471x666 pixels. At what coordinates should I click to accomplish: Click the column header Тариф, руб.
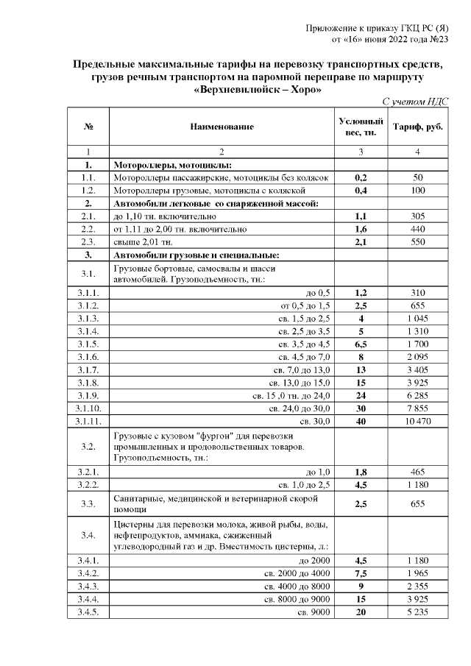click(x=418, y=127)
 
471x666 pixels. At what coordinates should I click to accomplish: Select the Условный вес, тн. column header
click(x=361, y=127)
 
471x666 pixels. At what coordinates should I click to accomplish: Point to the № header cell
click(x=88, y=127)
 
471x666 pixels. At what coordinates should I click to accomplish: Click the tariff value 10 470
click(x=418, y=420)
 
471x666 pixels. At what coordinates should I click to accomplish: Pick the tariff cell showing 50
click(x=418, y=177)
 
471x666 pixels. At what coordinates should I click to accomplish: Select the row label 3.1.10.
click(x=88, y=408)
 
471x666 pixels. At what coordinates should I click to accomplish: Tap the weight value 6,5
click(x=361, y=344)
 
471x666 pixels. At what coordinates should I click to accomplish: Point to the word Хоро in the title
click(x=302, y=90)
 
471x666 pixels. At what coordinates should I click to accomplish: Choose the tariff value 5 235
click(x=418, y=612)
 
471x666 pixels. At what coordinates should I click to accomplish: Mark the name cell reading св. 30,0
click(x=316, y=420)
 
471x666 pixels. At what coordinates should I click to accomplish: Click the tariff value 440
click(x=418, y=229)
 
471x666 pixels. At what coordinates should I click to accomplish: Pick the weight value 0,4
click(x=361, y=191)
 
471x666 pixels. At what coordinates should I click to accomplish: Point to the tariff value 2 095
click(x=418, y=356)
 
